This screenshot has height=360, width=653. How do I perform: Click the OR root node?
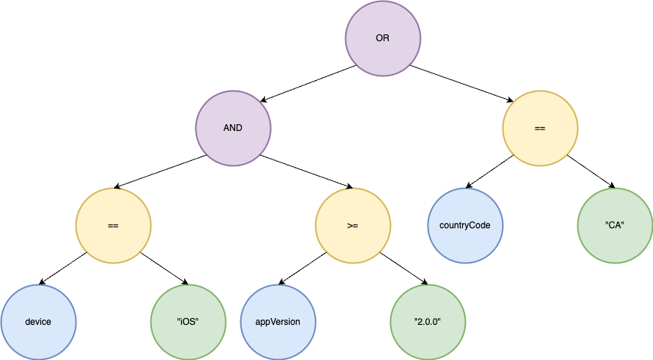[x=383, y=38]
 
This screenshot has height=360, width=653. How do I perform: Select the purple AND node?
[x=233, y=128]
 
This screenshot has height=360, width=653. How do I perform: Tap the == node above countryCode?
[x=540, y=128]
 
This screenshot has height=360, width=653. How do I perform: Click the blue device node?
[x=38, y=322]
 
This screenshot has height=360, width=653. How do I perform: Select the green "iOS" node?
[x=188, y=322]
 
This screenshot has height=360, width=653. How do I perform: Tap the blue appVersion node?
[x=278, y=322]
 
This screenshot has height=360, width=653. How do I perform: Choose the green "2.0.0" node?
[x=428, y=322]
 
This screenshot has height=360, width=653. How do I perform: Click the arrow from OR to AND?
[x=309, y=83]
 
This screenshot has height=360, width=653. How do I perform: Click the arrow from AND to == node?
[x=161, y=172]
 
